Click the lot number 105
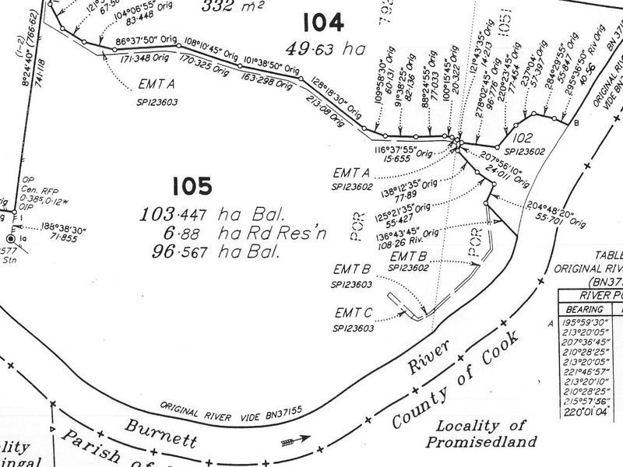coord(192,187)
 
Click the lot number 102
coord(523,139)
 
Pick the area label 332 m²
coord(231,7)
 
